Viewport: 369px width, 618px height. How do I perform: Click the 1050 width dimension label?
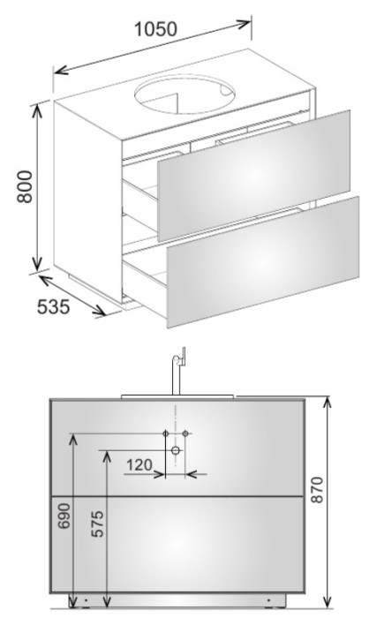tap(155, 29)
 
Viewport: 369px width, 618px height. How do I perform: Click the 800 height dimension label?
tap(25, 186)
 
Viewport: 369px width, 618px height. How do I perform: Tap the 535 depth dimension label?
tap(54, 306)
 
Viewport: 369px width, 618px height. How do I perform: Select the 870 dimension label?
tap(317, 489)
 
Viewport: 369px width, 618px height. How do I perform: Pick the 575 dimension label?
tap(98, 524)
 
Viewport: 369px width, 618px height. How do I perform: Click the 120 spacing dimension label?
tap(139, 465)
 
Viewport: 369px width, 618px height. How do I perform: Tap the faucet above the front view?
tap(177, 371)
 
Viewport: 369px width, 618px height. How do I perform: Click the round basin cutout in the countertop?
tap(185, 94)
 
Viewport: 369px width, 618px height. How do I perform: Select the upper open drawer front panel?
tap(253, 176)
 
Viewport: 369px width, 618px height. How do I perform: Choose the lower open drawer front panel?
tap(263, 261)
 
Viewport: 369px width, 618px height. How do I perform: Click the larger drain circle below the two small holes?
tap(176, 450)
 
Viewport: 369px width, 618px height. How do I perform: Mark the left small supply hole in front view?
tap(166, 433)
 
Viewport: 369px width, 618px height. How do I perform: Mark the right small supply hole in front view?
tap(185, 433)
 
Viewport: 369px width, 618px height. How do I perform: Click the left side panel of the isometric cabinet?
tap(87, 197)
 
